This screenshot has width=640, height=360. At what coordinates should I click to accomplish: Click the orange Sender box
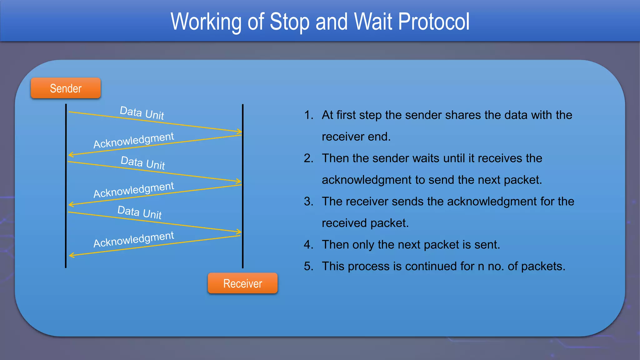[x=66, y=88]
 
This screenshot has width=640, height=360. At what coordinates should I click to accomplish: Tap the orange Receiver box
[x=242, y=283]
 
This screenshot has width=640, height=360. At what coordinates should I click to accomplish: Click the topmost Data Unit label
[x=142, y=113]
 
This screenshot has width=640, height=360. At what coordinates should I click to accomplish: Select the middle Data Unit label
[x=143, y=163]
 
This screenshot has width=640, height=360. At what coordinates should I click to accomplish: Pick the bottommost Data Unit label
[x=140, y=212]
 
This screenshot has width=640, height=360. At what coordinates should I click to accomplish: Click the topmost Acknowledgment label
[x=134, y=140]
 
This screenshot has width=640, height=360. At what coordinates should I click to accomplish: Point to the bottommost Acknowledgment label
[x=134, y=239]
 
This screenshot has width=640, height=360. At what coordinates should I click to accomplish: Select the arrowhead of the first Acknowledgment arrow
[x=71, y=154]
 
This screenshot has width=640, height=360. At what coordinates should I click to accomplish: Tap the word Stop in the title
[x=289, y=22]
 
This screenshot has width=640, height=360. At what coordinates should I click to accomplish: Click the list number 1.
[x=308, y=115]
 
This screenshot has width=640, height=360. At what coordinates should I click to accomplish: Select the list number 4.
[x=308, y=245]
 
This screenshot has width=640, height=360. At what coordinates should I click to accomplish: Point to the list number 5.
[x=308, y=266]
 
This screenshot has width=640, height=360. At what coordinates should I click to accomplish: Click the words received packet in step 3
[x=365, y=223]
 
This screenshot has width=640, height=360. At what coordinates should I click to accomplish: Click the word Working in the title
[x=206, y=22]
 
